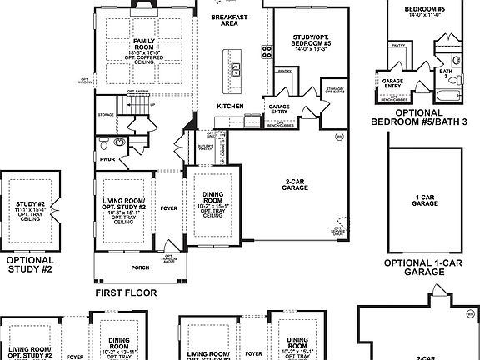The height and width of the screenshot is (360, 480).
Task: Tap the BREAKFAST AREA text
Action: coord(229,21)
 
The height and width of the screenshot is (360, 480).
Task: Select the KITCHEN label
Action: coord(230,107)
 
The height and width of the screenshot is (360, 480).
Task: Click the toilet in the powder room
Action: coord(120,143)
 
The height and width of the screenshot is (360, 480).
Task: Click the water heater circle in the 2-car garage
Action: coord(338,135)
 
